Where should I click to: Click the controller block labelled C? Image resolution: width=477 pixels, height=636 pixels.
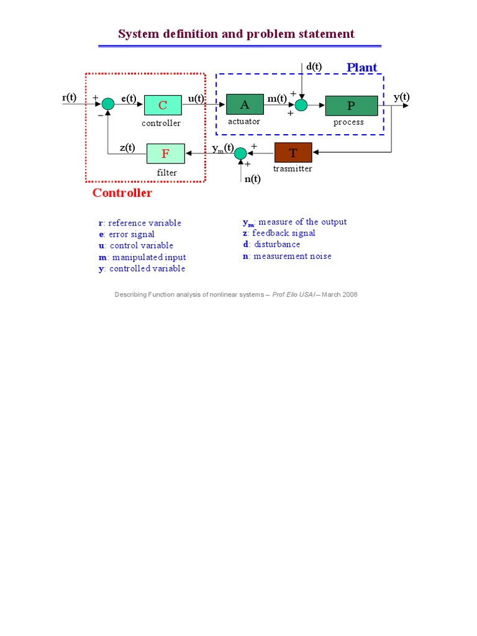tap(163, 105)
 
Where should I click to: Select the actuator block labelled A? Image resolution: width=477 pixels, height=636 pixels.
tap(245, 104)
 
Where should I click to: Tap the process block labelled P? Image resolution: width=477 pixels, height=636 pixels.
tap(352, 106)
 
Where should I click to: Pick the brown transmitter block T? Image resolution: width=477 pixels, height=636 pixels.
tap(293, 153)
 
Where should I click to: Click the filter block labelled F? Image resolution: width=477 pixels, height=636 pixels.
tap(165, 154)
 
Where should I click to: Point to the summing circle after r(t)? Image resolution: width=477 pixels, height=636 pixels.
tap(108, 104)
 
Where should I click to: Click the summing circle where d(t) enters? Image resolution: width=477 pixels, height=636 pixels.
tap(301, 105)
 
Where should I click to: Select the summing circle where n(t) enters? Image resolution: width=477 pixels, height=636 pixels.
tap(240, 153)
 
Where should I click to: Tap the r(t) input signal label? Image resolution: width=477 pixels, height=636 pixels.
tap(70, 98)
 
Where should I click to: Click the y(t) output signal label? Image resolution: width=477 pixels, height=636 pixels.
tap(402, 97)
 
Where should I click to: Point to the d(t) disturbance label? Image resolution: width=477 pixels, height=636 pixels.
tap(314, 66)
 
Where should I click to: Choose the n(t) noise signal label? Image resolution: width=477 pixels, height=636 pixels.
tap(252, 179)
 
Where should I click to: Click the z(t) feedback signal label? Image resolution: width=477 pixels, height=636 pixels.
tap(127, 147)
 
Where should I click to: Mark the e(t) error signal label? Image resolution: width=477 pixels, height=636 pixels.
tap(129, 99)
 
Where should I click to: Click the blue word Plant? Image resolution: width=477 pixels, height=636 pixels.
tap(362, 67)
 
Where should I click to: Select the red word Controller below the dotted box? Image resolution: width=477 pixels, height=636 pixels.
tap(122, 193)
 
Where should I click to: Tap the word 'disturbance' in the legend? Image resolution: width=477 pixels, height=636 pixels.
tap(277, 244)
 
